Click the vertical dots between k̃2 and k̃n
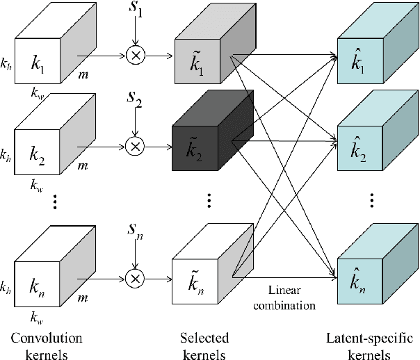click(x=209, y=202)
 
